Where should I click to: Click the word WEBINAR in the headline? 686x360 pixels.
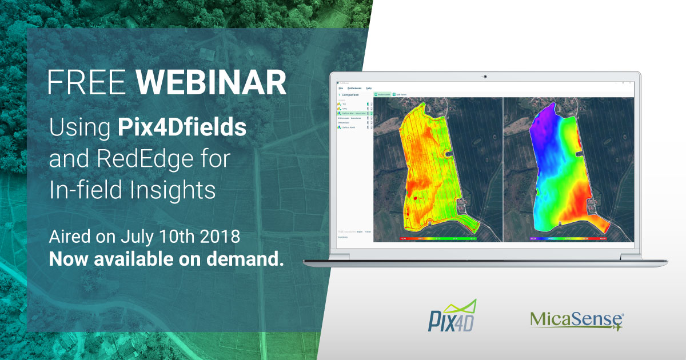(212, 83)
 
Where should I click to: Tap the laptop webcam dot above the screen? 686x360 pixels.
(485, 77)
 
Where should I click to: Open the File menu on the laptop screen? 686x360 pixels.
(341, 89)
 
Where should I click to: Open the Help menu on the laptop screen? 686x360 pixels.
(369, 89)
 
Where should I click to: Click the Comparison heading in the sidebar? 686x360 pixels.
(350, 95)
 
